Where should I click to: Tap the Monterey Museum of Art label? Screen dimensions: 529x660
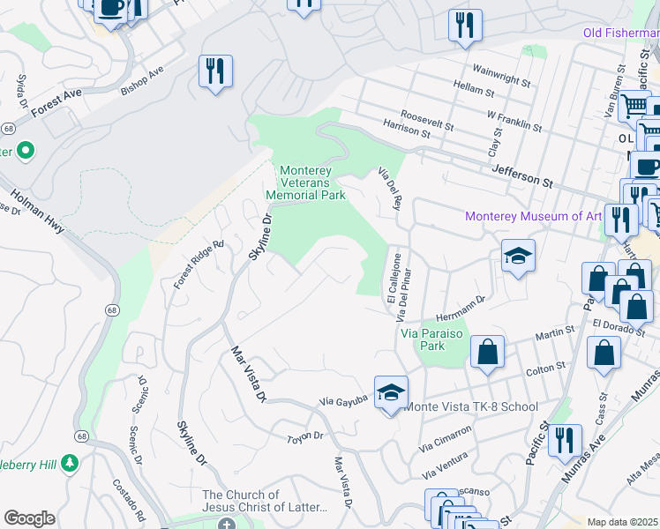(533, 216)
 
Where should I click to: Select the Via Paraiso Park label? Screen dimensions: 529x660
(434, 340)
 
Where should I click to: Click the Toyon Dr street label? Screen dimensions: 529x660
(306, 437)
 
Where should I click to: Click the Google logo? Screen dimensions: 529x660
(29, 518)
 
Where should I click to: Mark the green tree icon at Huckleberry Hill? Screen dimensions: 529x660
(69, 462)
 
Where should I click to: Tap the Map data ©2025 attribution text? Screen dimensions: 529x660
(621, 522)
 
